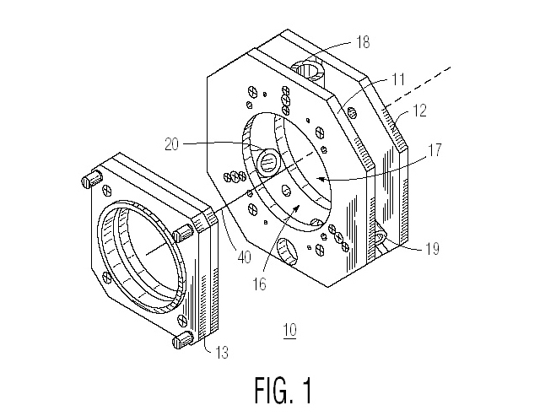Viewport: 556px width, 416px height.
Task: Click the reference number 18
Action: (362, 42)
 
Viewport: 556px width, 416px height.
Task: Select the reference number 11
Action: (398, 78)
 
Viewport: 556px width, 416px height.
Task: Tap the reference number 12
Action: (419, 111)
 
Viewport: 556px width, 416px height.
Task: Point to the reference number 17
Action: (435, 150)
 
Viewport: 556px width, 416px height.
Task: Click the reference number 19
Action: (432, 249)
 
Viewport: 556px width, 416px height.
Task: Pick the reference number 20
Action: (172, 144)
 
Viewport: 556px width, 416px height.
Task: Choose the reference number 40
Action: (245, 257)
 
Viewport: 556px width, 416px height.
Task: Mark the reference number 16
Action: (259, 284)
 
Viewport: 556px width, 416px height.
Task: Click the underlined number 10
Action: (290, 330)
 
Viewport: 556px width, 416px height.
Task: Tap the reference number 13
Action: (222, 352)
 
